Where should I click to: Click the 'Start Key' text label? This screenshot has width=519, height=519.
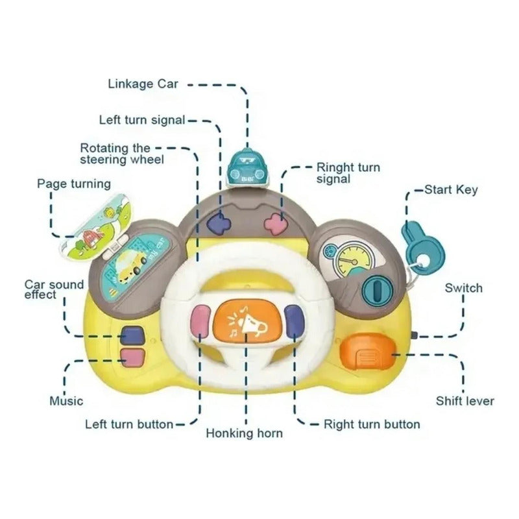pos(451,190)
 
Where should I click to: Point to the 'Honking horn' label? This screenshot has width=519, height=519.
pos(244,433)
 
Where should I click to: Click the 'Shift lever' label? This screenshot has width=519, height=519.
pos(465,401)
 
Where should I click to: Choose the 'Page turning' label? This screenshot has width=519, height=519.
pos(73,184)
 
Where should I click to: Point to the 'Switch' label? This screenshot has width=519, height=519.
pos(463,287)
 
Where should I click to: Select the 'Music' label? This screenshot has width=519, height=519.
pos(67,401)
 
